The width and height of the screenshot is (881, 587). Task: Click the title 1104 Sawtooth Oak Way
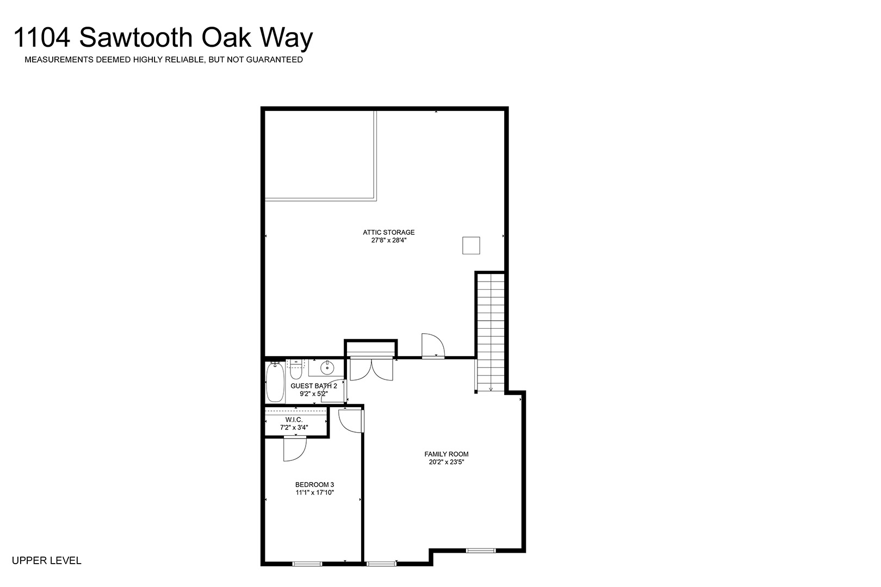(x=163, y=38)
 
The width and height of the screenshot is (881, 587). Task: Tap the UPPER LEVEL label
(x=46, y=561)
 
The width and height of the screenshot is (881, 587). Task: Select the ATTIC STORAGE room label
(x=389, y=233)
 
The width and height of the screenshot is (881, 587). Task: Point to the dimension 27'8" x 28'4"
(x=389, y=240)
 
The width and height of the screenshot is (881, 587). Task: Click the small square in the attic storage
(x=471, y=245)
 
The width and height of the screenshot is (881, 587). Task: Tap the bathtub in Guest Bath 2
(x=275, y=382)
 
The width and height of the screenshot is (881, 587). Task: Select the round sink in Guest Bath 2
(x=327, y=368)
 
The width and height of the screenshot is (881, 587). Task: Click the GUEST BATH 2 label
(x=314, y=386)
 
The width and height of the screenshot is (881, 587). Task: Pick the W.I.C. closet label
(x=294, y=420)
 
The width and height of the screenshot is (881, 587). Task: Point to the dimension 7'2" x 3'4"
(x=294, y=427)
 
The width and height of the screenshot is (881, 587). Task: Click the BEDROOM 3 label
(x=315, y=485)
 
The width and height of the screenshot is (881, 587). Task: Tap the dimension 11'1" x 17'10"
(x=315, y=492)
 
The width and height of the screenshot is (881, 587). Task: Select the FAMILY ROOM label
(x=446, y=454)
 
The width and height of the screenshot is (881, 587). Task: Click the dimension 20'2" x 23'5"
(x=446, y=462)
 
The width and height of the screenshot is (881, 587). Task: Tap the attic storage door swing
(x=433, y=346)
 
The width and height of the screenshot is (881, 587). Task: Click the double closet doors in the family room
(x=371, y=369)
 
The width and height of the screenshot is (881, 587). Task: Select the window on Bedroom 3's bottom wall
(x=307, y=564)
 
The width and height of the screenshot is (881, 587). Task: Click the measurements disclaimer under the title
(x=164, y=60)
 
